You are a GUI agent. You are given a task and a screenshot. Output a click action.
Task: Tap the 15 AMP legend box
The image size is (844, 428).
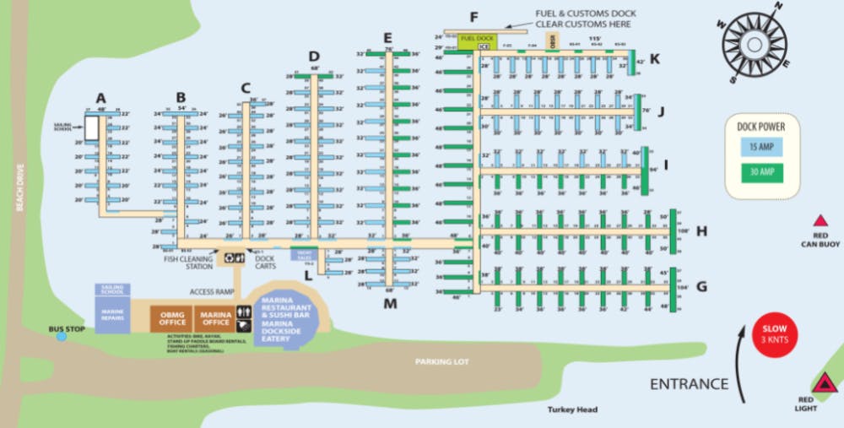tap(760, 147)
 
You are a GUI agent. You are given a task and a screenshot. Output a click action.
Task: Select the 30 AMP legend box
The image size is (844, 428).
tap(760, 173)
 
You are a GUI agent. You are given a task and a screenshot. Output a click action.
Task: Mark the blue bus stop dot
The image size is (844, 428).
tap(62, 337)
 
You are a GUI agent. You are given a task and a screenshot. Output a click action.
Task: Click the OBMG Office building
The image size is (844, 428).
tap(172, 317)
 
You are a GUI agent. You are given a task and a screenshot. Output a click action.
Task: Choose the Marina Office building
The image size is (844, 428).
tap(216, 317)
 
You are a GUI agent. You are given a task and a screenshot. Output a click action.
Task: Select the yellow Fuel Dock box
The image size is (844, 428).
tap(479, 38)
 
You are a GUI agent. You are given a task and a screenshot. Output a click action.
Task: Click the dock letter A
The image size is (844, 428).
tap(101, 96)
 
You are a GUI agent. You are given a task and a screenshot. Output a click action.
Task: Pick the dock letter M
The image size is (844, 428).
tap(390, 304)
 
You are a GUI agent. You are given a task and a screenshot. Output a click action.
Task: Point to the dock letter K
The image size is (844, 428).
tap(655, 58)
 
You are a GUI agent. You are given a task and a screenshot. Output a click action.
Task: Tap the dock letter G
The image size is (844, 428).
tap(701, 287)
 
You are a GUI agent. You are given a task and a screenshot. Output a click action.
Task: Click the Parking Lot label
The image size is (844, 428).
tap(441, 361)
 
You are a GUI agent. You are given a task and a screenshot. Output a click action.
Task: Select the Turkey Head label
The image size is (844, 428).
tap(571, 410)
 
